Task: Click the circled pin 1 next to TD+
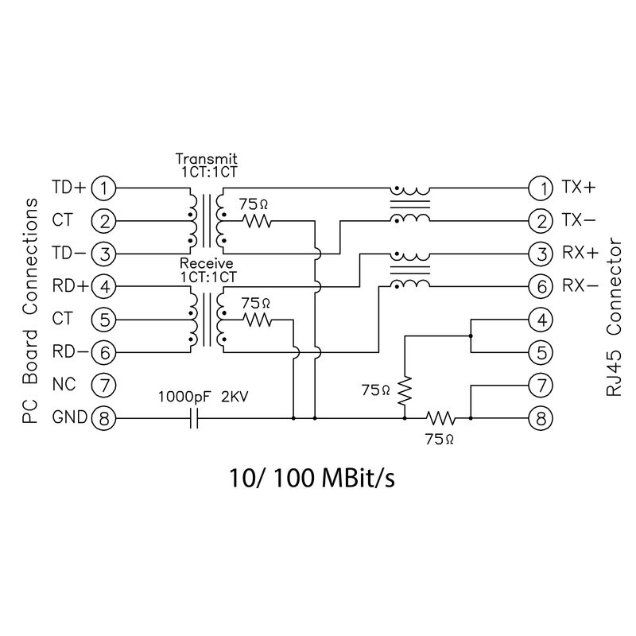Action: [x=103, y=188]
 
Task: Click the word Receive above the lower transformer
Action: [x=206, y=264]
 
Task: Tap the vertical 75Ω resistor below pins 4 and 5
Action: [x=405, y=390]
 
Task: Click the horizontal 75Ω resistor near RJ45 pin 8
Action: [x=439, y=417]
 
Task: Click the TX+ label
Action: [x=578, y=188]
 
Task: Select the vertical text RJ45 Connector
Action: [x=614, y=318]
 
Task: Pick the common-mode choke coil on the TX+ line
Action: [x=410, y=192]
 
